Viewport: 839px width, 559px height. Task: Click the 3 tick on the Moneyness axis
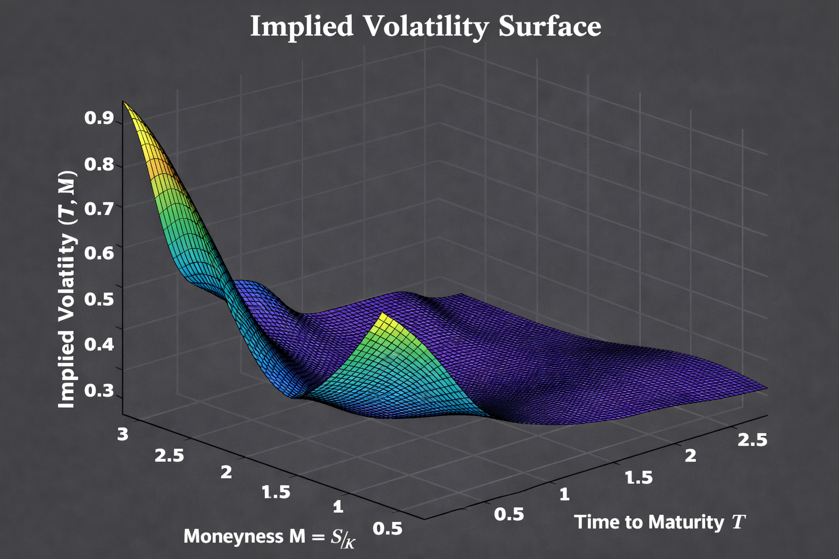click(123, 434)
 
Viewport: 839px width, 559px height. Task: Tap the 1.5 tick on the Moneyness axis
click(276, 492)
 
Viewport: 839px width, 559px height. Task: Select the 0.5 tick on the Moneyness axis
click(388, 528)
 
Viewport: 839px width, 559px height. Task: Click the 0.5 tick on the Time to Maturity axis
click(509, 514)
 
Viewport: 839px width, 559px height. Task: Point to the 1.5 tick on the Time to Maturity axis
click(638, 478)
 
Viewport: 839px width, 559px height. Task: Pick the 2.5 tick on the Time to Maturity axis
click(752, 440)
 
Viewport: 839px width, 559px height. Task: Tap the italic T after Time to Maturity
click(738, 522)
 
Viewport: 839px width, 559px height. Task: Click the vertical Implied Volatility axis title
click(67, 289)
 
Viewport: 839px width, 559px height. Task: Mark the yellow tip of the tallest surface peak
click(124, 104)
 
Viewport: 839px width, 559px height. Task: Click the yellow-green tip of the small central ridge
click(383, 315)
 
